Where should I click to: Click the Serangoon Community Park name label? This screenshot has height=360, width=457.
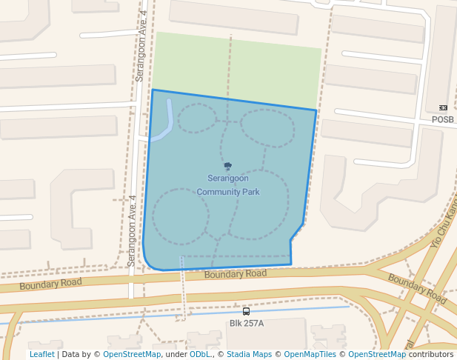[x=227, y=185]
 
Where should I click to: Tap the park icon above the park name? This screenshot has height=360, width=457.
[x=227, y=167]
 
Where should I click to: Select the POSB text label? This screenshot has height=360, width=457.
[x=443, y=119]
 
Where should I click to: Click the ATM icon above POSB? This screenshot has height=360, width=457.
[x=443, y=108]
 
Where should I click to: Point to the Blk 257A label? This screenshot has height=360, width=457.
[x=247, y=323]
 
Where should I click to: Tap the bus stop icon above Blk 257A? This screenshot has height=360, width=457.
[x=246, y=312]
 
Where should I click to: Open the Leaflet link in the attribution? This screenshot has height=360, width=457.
[x=41, y=355]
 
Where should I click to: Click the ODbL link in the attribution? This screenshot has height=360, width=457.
[x=199, y=355]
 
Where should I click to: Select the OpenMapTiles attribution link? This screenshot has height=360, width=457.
[x=312, y=355]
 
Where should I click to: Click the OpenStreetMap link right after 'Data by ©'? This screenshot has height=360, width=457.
[x=132, y=355]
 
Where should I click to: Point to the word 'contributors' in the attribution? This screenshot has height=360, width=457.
[x=431, y=355]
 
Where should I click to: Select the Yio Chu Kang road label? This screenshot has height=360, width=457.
[x=443, y=221]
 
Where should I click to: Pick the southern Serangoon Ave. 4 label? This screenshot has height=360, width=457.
[x=132, y=230]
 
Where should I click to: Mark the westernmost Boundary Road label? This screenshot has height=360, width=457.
[x=50, y=284]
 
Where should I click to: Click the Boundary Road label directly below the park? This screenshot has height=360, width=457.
[x=235, y=274]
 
